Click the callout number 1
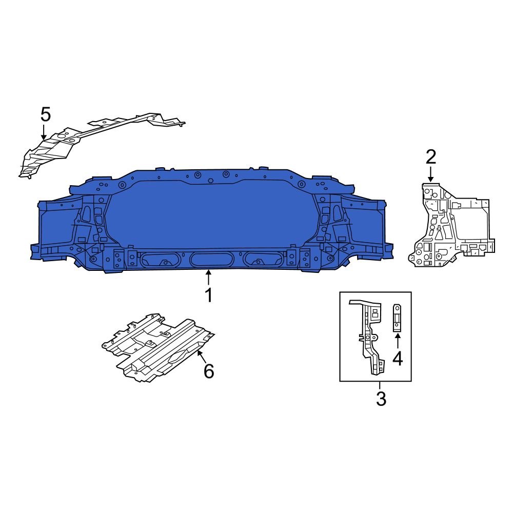pyautogui.click(x=208, y=296)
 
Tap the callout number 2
pyautogui.click(x=430, y=157)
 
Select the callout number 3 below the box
pyautogui.click(x=381, y=399)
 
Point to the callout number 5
pyautogui.click(x=46, y=114)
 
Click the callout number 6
pyautogui.click(x=208, y=371)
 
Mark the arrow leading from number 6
pyautogui.click(x=200, y=355)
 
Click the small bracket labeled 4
pyautogui.click(x=397, y=318)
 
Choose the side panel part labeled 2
pyautogui.click(x=451, y=226)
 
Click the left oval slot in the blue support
pyautogui.click(x=160, y=259)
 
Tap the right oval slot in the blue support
pyautogui.click(x=263, y=259)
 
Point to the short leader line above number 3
pyautogui.click(x=380, y=385)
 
